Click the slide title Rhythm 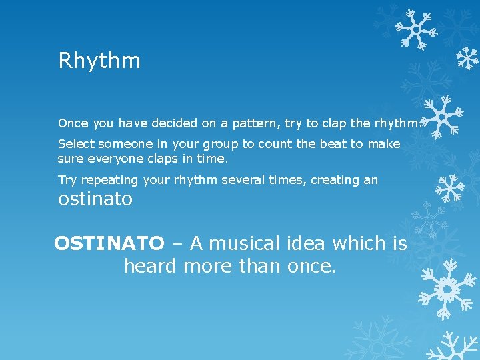(99, 61)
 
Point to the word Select (76, 144)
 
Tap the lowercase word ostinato (95, 199)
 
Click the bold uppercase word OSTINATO (109, 244)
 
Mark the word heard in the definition (150, 267)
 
